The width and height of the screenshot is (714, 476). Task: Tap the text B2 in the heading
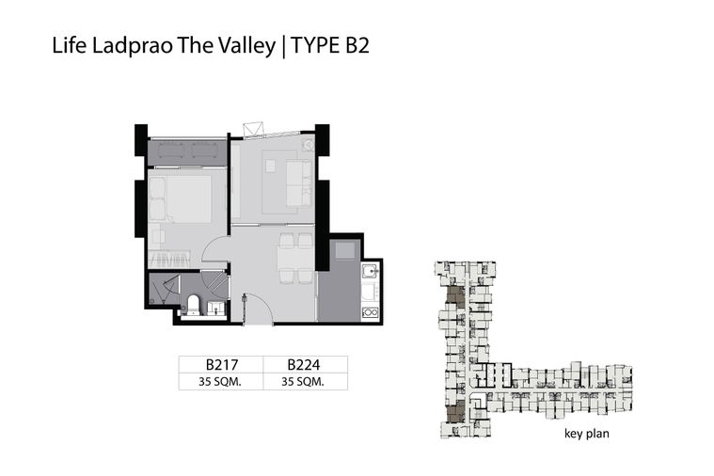tap(357, 45)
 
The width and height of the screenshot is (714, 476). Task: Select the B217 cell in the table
tap(221, 364)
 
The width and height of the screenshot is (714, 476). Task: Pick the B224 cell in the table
tap(304, 364)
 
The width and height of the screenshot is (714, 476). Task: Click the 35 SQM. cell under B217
tap(220, 382)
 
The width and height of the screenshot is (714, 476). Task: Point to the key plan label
tap(586, 433)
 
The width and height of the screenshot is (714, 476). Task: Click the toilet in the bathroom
tap(193, 304)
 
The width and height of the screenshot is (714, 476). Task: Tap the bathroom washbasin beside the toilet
tap(215, 308)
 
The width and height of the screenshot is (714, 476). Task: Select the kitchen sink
tap(370, 272)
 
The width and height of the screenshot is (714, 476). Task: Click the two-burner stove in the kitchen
tap(370, 312)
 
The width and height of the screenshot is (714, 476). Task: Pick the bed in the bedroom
tap(181, 199)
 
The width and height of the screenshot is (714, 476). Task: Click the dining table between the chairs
tap(296, 259)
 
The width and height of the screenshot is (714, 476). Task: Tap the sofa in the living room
tap(299, 183)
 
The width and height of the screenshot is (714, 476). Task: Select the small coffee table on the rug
tap(271, 166)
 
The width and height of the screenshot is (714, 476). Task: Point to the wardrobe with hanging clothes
tap(169, 260)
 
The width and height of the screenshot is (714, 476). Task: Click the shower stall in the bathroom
tap(163, 289)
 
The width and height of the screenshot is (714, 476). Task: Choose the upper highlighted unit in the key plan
tap(456, 297)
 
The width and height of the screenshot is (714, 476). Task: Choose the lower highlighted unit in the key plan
tap(455, 411)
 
